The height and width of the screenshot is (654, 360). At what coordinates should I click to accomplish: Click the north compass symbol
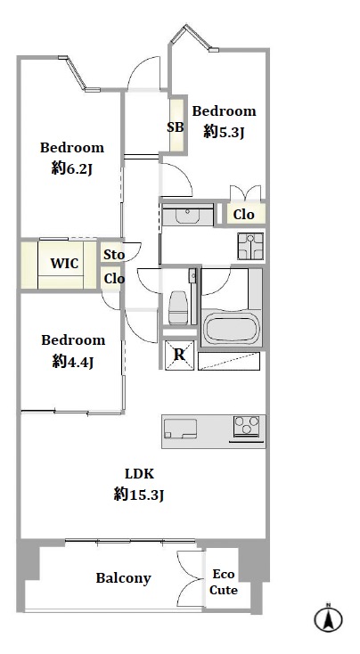[328, 619]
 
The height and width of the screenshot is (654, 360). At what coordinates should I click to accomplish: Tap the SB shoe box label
[176, 127]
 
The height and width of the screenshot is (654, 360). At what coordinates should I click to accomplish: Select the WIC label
[64, 264]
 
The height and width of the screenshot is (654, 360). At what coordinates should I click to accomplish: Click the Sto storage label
[114, 255]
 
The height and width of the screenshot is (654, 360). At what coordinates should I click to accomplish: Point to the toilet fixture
[178, 307]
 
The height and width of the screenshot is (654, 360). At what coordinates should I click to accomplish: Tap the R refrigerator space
[179, 355]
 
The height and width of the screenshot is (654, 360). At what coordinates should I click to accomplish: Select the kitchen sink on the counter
[180, 429]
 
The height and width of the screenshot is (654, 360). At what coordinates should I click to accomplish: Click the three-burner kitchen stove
[247, 426]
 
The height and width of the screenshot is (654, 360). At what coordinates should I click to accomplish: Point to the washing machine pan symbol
[250, 246]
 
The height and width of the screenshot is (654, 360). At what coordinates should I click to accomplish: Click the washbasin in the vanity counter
[188, 216]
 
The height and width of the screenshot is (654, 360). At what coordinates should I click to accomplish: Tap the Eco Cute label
[224, 582]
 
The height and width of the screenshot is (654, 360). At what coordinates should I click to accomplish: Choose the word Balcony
[124, 578]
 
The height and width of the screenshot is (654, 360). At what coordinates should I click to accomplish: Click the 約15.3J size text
[139, 495]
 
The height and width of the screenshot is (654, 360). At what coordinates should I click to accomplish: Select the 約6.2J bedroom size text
[72, 168]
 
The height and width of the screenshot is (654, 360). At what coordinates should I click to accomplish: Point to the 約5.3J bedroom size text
[224, 132]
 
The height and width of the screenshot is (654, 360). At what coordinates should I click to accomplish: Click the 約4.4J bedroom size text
[72, 362]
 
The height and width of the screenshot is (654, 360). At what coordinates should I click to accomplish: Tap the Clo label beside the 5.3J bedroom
[243, 215]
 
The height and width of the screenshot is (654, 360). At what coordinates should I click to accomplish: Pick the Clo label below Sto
[114, 279]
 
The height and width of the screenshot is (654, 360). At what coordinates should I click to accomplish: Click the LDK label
[140, 474]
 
